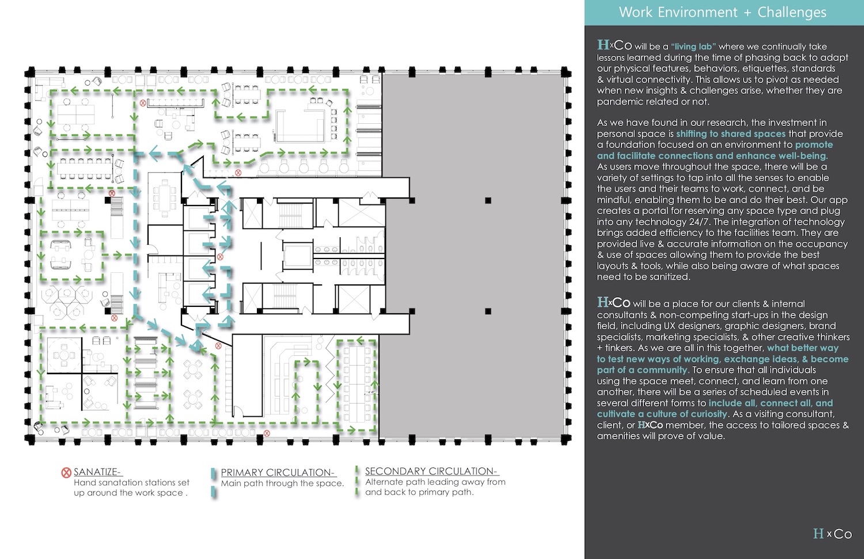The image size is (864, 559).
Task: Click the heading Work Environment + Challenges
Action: [722, 13]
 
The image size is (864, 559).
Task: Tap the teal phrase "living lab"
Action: [694, 47]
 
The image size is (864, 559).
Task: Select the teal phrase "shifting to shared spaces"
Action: [730, 134]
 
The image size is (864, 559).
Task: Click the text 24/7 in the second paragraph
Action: [698, 222]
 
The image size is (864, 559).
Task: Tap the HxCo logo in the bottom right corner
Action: [832, 534]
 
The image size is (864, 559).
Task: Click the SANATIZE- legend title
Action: [97, 472]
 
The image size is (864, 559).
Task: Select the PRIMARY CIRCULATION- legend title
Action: [278, 473]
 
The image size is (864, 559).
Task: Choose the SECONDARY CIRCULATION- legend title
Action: [431, 471]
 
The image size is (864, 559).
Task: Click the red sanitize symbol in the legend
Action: [66, 473]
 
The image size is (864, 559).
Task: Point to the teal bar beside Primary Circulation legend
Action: [214, 482]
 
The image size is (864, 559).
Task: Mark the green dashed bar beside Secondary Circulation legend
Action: [357, 481]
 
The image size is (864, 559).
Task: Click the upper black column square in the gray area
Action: [488, 200]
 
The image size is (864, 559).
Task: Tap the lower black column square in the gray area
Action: [488, 311]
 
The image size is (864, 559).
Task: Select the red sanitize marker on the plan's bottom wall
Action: [267, 433]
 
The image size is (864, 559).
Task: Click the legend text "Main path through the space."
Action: [282, 484]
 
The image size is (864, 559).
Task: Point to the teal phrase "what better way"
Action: [802, 348]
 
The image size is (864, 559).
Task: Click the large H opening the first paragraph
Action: [602, 45]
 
